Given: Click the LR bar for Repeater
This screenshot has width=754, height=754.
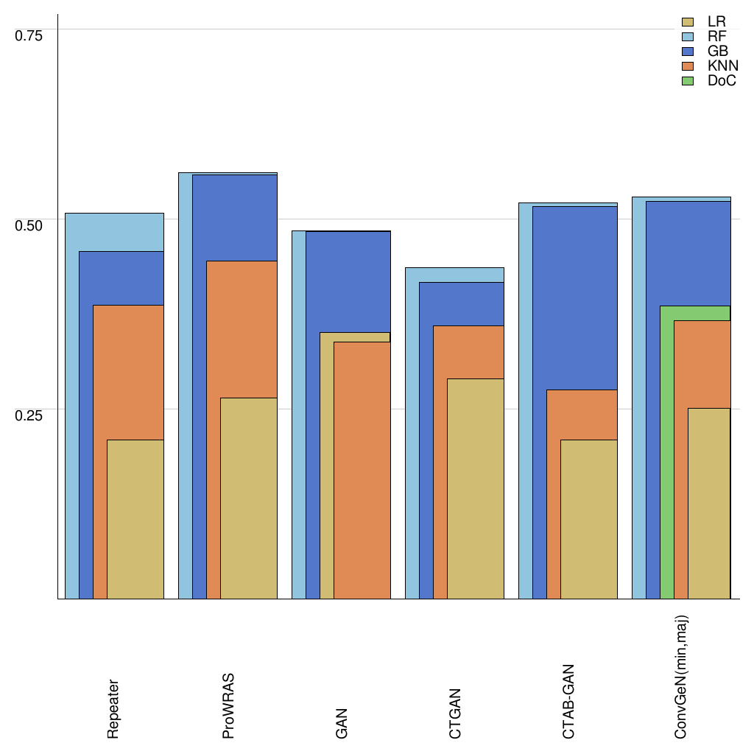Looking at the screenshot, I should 135,519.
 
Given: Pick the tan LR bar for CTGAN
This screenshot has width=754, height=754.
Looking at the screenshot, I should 476,488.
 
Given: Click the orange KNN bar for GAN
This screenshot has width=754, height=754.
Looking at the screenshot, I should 362,471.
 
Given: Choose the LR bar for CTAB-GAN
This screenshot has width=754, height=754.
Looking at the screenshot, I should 589,519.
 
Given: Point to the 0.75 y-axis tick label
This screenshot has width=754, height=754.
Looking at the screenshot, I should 29,35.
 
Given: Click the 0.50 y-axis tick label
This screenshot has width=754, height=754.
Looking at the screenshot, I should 29,225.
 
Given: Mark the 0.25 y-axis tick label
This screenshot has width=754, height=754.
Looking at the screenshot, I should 29,415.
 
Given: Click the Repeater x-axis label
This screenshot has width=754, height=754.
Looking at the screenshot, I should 113,708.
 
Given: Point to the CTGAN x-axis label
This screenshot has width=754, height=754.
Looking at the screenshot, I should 455,714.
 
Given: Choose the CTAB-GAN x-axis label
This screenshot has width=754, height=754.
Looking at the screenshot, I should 568,702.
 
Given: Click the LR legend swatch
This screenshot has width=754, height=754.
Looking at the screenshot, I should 688,22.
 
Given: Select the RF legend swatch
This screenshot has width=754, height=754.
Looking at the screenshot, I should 688,37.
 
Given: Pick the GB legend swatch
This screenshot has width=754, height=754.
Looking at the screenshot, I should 688,52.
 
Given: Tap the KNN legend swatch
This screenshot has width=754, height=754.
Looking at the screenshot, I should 688,66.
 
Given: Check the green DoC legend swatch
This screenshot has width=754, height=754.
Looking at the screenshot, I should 688,81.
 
